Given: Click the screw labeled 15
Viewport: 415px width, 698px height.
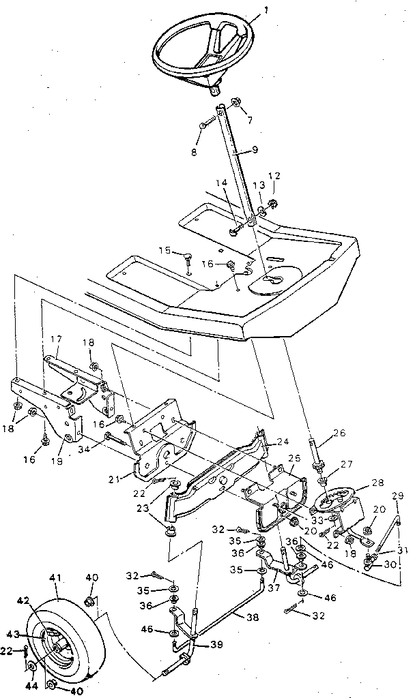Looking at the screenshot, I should (x=186, y=256).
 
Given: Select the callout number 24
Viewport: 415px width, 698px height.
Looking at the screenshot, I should (x=283, y=441).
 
